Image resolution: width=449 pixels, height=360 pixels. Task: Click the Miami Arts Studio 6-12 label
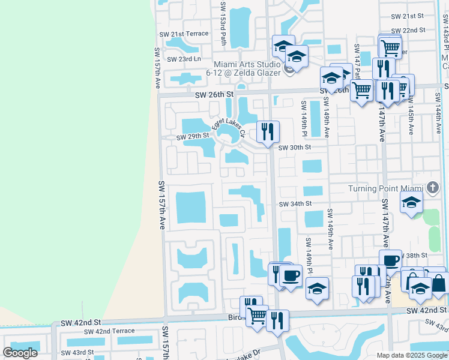(x=247, y=68)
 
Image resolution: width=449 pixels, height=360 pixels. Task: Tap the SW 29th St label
(x=191, y=137)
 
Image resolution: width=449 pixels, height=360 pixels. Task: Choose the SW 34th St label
(x=295, y=204)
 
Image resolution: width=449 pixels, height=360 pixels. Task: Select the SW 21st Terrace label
(x=182, y=34)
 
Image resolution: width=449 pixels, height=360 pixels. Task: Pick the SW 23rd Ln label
(x=184, y=59)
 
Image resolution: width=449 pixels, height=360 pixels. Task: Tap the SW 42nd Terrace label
(x=109, y=331)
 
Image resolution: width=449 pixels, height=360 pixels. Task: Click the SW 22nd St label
(x=408, y=29)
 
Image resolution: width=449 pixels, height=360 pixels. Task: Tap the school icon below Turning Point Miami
(x=411, y=203)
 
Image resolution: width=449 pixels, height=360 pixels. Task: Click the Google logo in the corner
(x=20, y=352)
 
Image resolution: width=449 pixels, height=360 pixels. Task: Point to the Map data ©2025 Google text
(x=411, y=355)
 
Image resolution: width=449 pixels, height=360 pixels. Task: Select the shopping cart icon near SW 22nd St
(x=390, y=46)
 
